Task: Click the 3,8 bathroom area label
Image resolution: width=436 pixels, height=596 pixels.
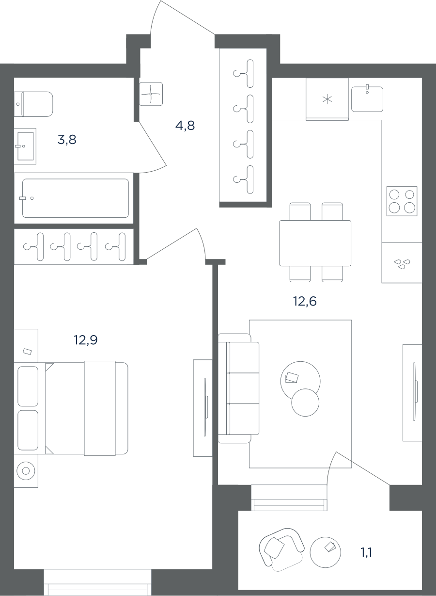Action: [67, 140]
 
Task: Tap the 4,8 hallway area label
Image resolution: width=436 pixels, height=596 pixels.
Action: [185, 125]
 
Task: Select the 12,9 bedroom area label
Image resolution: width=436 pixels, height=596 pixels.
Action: [86, 340]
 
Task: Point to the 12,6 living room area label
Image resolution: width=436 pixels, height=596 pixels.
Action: [305, 302]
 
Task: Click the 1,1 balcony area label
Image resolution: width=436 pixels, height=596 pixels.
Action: [366, 553]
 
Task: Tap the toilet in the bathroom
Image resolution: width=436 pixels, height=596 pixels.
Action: [33, 104]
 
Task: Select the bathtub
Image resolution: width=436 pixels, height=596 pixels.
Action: [76, 198]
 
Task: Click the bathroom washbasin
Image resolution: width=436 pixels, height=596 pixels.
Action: [25, 146]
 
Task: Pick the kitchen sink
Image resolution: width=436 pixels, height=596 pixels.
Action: [367, 99]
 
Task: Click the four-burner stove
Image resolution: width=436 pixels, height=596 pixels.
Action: [402, 201]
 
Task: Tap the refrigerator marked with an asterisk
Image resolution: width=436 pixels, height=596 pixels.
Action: [327, 99]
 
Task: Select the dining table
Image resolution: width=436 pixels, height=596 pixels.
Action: [315, 243]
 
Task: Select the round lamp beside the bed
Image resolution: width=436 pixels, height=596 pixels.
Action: [26, 471]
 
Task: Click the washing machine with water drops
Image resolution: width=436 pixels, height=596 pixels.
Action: [402, 263]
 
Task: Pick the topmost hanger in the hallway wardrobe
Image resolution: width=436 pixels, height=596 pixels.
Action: [243, 73]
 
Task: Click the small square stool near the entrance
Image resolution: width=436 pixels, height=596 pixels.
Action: [151, 94]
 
